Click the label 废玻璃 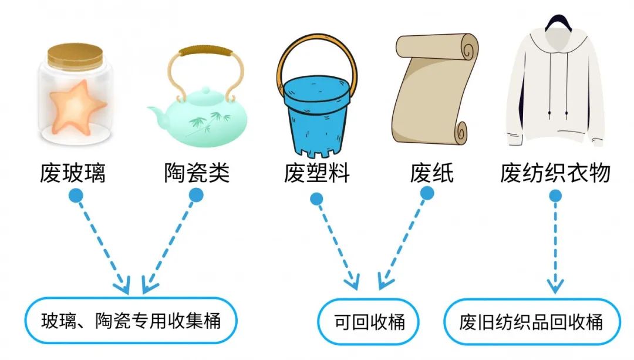(73, 173)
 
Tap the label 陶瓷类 (197, 173)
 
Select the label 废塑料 (316, 173)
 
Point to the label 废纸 (432, 173)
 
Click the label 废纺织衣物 (555, 173)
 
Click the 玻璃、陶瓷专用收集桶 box (131, 321)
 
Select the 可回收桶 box (368, 322)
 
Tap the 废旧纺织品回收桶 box (532, 322)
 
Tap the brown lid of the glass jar (75, 56)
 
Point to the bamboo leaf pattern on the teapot (208, 122)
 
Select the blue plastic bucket (316, 115)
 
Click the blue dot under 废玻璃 (76, 196)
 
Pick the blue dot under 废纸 (427, 193)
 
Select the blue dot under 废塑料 (316, 199)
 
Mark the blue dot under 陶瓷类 (196, 196)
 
